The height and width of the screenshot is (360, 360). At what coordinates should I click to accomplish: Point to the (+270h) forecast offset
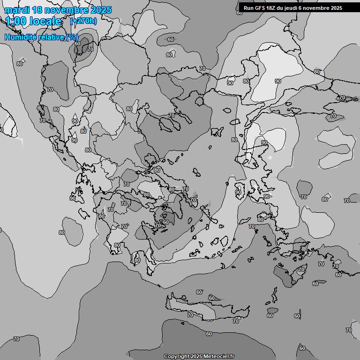tap(83, 21)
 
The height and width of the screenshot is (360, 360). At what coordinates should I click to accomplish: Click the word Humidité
tap(19, 37)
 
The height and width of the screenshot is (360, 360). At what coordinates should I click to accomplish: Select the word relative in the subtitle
tap(50, 37)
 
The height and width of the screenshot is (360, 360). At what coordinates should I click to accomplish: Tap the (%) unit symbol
tap(72, 37)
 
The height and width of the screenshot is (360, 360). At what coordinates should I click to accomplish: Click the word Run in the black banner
tap(248, 8)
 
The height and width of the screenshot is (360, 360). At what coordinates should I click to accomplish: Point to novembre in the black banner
tap(319, 8)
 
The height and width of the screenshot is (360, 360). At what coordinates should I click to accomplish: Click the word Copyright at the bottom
tap(176, 357)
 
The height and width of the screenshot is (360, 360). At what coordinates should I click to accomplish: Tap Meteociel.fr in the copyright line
tap(219, 357)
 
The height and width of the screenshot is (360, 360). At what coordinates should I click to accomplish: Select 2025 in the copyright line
tap(196, 357)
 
